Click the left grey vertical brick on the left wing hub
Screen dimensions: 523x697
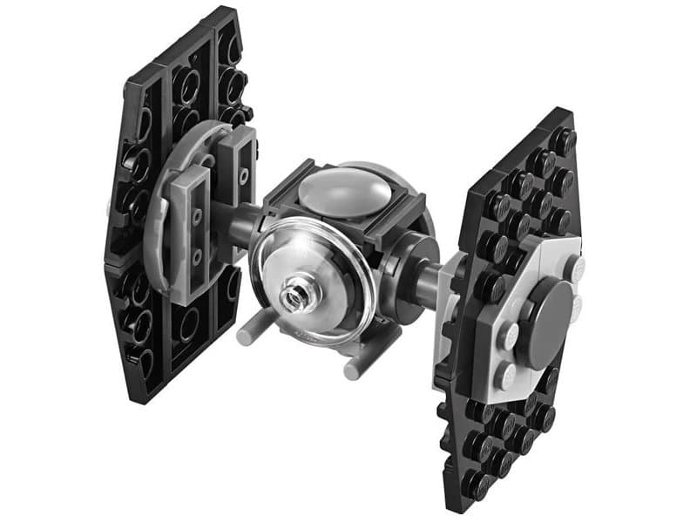coord(192,235)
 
